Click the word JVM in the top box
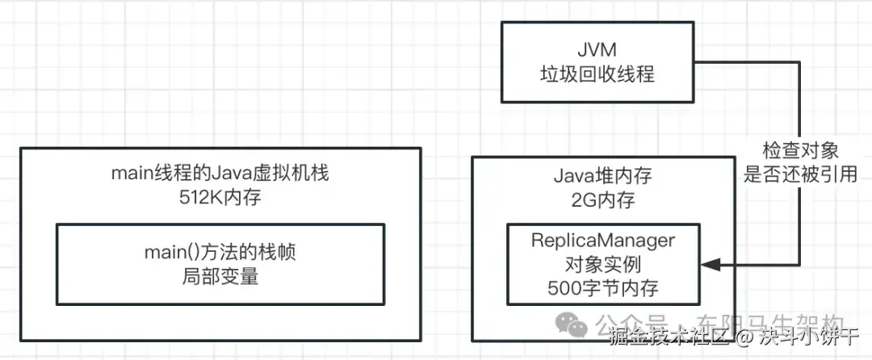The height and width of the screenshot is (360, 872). point(597,48)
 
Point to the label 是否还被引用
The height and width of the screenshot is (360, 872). point(799,174)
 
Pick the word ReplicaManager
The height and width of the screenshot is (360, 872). point(602,240)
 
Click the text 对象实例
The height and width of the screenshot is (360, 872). point(602,263)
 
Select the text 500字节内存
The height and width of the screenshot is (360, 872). point(602,287)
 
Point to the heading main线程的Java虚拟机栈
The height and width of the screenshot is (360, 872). point(220,174)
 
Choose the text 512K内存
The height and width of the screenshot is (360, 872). point(220,198)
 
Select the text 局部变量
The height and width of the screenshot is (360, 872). point(220,275)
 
